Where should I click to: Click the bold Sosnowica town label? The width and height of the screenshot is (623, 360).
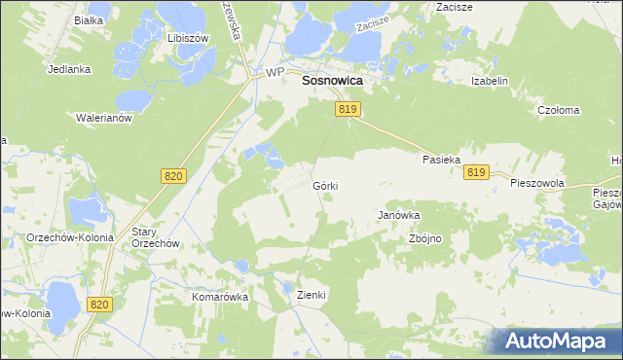(x=333, y=83)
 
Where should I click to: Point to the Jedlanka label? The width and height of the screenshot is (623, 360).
(x=69, y=70)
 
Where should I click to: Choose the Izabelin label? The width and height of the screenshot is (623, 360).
(x=490, y=81)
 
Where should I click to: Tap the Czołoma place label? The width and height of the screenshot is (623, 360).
(x=559, y=111)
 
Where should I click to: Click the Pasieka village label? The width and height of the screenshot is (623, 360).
(x=440, y=159)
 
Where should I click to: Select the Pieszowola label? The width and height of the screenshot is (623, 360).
(x=537, y=183)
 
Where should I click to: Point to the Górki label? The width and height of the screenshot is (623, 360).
(x=326, y=185)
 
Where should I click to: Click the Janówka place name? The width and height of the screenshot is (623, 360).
(x=398, y=216)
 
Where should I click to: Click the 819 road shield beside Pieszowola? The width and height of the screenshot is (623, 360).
(x=476, y=172)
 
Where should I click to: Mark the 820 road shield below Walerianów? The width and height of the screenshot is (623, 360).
(x=172, y=175)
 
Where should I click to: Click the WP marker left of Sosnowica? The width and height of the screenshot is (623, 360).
(x=275, y=73)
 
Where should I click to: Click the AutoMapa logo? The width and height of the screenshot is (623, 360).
(x=559, y=342)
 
